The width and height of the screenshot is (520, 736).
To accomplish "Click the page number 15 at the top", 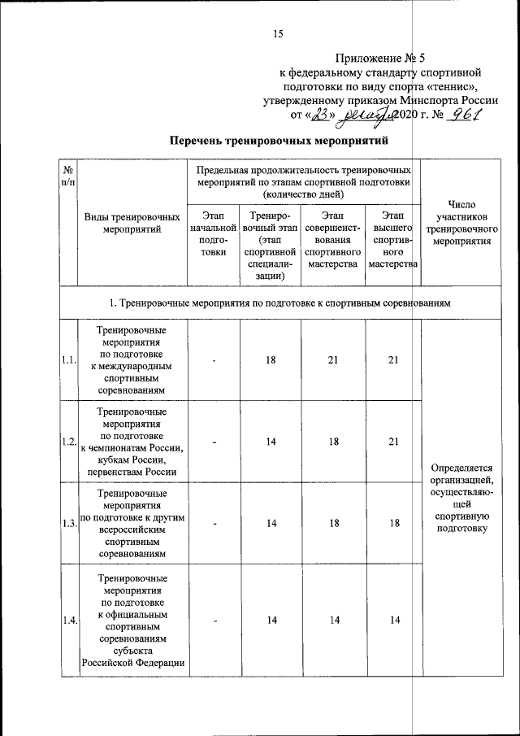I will tap(278, 33).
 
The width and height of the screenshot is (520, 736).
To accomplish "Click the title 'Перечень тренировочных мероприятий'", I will tap(275, 142).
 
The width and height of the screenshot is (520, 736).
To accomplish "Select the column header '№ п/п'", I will tap(68, 177).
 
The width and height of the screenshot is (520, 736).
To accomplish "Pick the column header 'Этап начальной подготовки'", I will tap(212, 233).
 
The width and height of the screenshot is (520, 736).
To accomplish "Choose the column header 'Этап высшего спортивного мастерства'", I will tap(392, 239).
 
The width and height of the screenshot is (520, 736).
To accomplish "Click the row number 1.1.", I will tap(68, 360).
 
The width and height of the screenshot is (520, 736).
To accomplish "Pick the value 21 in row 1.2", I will tap(394, 442).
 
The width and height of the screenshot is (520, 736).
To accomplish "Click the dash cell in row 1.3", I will tap(214, 523).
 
